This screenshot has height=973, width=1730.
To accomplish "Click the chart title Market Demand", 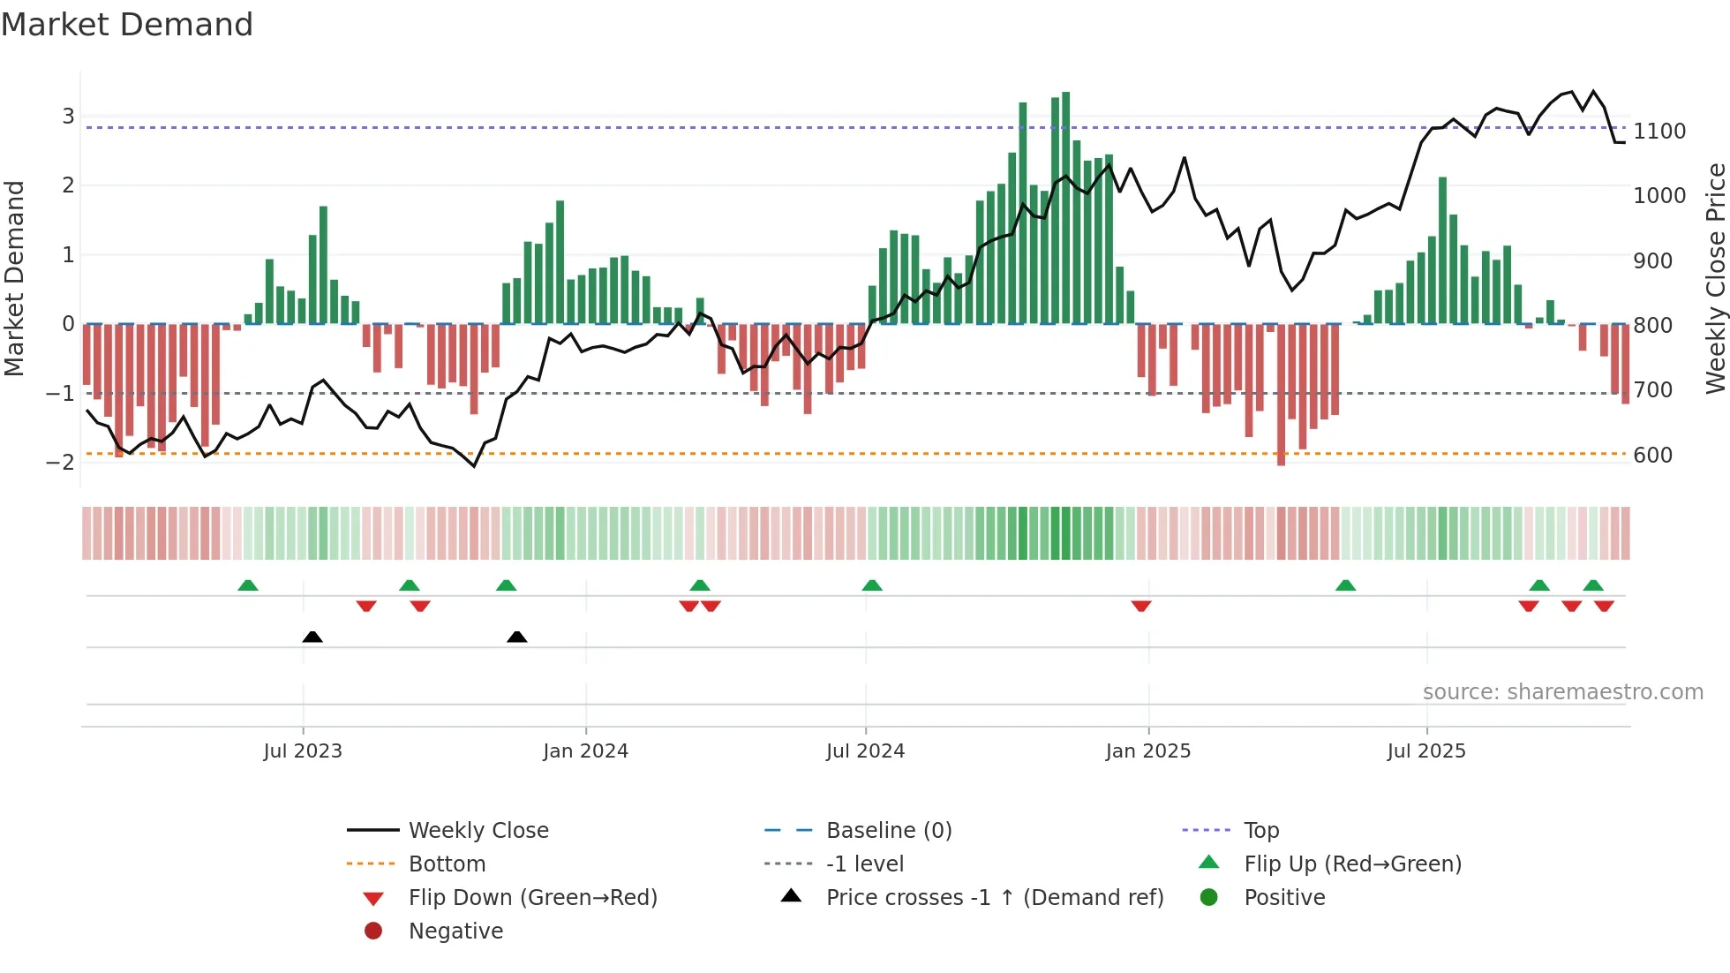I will [127, 25].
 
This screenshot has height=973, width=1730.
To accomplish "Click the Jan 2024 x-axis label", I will [585, 751].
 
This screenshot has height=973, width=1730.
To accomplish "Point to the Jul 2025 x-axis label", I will [1425, 751].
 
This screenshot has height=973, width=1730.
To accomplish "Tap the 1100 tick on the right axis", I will [1659, 132].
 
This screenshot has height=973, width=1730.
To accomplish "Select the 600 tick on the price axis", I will [1653, 456].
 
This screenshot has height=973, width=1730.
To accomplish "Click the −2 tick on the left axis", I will [60, 462].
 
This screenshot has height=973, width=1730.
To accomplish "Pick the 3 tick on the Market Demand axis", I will [68, 117].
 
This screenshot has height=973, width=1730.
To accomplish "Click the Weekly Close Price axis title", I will [1715, 278].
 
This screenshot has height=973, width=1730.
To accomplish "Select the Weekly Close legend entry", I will [478, 831].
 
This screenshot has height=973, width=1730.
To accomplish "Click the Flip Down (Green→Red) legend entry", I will [532, 898].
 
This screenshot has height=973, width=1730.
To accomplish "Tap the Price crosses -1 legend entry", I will [994, 898].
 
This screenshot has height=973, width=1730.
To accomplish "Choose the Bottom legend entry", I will [447, 864].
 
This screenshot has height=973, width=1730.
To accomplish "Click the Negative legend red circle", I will [373, 932].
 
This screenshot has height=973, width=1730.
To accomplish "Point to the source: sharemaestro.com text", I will [1562, 692].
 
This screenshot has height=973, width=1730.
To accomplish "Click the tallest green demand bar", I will [1066, 207].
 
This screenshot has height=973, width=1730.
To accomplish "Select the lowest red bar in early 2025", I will [1281, 394].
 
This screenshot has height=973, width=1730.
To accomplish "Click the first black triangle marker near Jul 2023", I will [312, 637].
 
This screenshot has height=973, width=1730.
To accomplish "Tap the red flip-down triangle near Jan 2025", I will [1141, 606].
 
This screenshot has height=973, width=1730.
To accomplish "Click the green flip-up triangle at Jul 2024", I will [872, 585].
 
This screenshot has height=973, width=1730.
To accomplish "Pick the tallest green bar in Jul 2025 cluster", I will [1442, 250].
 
